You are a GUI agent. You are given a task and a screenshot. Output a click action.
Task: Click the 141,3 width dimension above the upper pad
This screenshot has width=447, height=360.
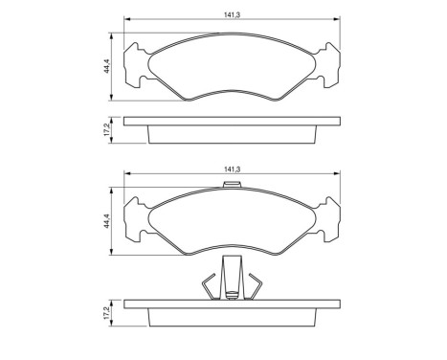point(230,12)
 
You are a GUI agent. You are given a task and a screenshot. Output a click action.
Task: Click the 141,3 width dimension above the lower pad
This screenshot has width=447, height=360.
point(230,170)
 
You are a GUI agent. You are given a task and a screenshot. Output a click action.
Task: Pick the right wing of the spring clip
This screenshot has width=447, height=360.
point(253,287)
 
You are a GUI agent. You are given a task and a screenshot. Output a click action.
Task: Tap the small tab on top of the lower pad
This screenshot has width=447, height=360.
point(232,185)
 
